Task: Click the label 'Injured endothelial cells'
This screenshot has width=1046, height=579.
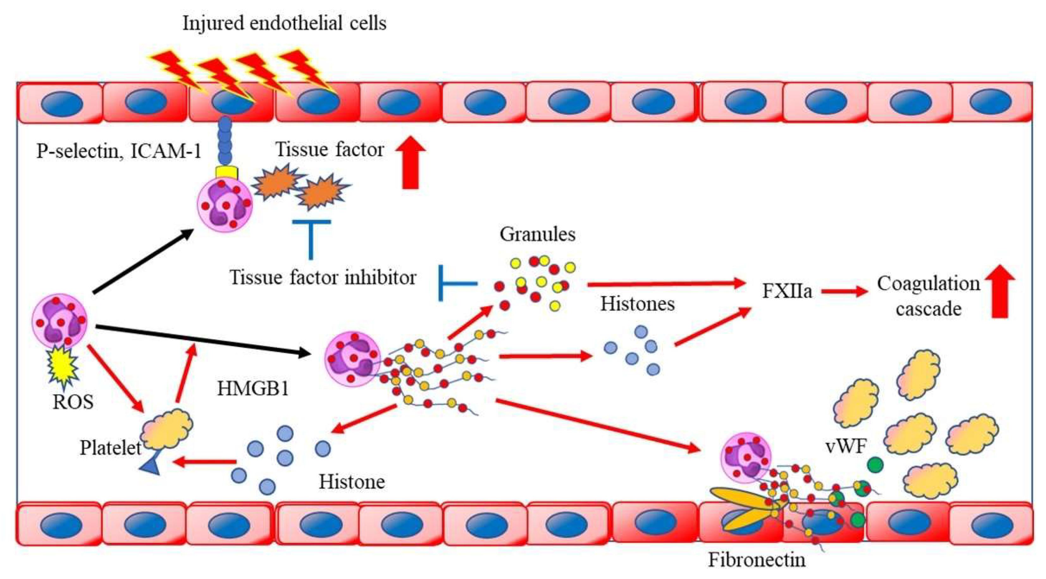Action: (x=284, y=23)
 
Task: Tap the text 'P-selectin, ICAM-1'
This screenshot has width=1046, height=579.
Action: (x=119, y=151)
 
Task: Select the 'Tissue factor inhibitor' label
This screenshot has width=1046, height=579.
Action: (x=323, y=278)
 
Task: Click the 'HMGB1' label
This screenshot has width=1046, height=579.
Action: (x=253, y=389)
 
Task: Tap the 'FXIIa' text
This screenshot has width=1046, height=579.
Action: (x=787, y=291)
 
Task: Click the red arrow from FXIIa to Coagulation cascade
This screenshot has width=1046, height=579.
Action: (x=844, y=291)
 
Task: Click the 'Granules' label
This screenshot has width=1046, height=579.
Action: (x=537, y=234)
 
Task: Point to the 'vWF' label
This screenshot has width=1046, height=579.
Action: (x=846, y=447)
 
